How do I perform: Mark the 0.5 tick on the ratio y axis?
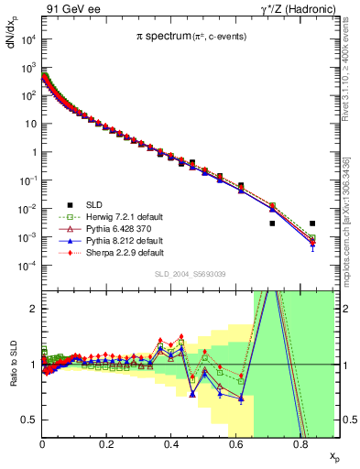tap(31, 420)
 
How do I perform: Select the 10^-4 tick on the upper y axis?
tap(27, 266)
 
